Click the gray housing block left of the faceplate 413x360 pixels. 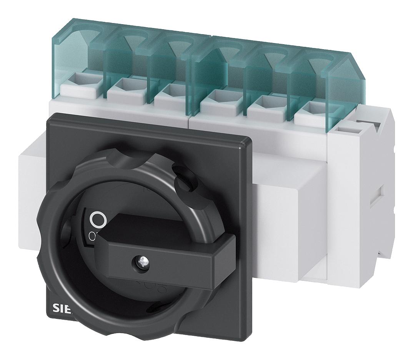(x=33, y=184)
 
